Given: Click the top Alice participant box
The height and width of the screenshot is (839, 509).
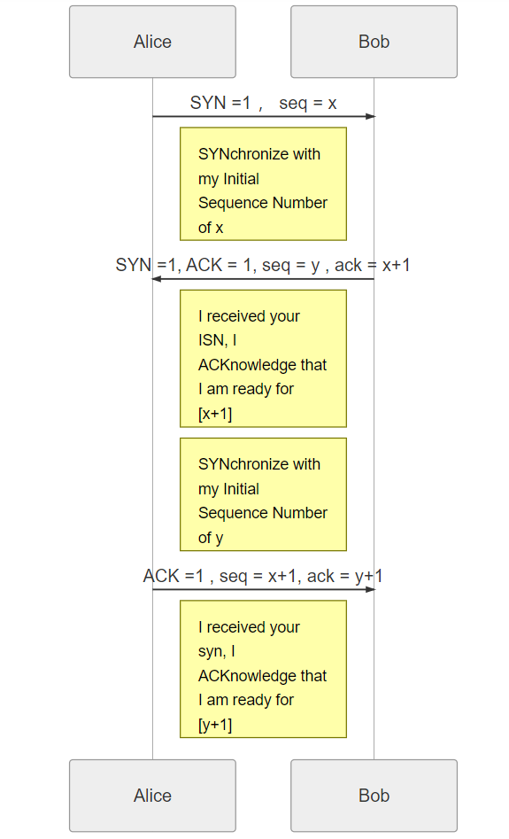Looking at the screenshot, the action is (x=152, y=42).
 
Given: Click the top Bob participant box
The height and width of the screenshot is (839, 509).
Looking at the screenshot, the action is (x=374, y=42).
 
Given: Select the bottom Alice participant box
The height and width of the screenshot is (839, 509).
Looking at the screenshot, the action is (x=152, y=795).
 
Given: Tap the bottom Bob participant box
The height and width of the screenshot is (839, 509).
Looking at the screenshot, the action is (x=374, y=795).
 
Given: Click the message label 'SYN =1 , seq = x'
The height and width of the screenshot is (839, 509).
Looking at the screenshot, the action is (x=263, y=103).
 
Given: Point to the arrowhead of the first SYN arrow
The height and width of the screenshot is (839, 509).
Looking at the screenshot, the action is (x=371, y=116).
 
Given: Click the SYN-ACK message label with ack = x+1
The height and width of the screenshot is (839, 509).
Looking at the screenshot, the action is (x=263, y=265).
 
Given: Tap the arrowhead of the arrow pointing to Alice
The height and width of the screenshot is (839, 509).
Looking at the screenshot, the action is (x=157, y=279).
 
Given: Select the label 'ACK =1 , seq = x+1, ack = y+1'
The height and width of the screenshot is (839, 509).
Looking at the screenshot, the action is (x=263, y=576).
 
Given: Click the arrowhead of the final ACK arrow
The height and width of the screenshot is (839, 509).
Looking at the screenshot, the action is (x=371, y=590).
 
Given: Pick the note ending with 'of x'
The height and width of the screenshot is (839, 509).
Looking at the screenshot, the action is (x=263, y=183).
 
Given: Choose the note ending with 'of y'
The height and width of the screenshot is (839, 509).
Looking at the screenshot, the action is (x=263, y=494).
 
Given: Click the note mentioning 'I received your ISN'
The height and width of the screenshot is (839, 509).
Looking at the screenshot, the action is (x=263, y=359).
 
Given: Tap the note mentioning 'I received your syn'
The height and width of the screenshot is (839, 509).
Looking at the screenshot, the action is (x=263, y=669).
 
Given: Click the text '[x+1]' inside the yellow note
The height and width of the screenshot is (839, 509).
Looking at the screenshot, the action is (x=215, y=414).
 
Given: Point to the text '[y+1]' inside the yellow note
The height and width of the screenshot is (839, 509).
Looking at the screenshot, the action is (x=215, y=725).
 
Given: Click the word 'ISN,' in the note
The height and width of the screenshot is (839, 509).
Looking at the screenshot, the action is (x=212, y=340).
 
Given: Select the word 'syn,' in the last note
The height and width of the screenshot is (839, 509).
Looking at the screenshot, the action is (x=212, y=652).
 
